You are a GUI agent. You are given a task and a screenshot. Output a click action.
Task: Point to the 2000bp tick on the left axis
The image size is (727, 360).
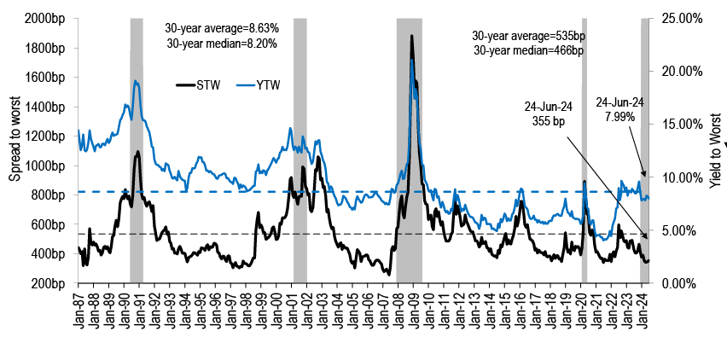tap(47, 18)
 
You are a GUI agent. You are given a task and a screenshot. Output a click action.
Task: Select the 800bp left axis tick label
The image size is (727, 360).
tap(49, 195)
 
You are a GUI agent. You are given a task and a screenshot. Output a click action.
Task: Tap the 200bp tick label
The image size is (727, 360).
tap(49, 283)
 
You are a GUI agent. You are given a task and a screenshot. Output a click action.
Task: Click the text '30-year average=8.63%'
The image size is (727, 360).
tap(221, 28)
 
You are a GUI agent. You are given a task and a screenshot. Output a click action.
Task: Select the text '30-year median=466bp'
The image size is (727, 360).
tap(527, 50)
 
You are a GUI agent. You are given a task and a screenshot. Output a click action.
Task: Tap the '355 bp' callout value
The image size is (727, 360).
tap(545, 122)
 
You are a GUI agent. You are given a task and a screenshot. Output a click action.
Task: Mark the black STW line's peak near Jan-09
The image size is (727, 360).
tap(412, 36)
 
